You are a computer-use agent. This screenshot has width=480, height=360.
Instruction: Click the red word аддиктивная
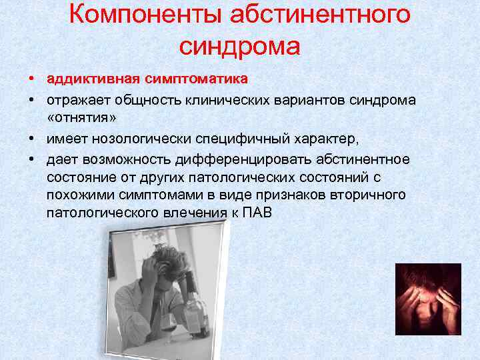[x=92, y=79]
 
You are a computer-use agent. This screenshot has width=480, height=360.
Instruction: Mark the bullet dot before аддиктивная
[x=32, y=79]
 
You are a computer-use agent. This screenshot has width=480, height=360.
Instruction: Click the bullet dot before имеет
[x=32, y=140]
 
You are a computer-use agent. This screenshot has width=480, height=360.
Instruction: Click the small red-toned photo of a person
[x=427, y=299]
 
